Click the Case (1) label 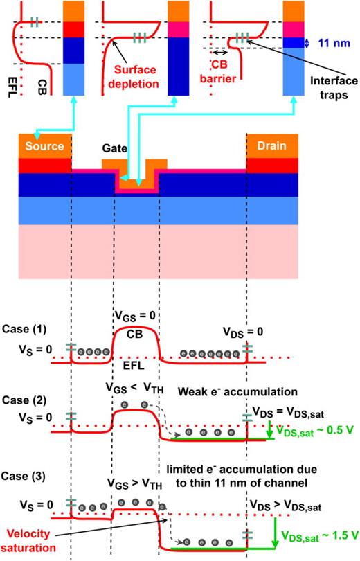(x=24, y=328)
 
